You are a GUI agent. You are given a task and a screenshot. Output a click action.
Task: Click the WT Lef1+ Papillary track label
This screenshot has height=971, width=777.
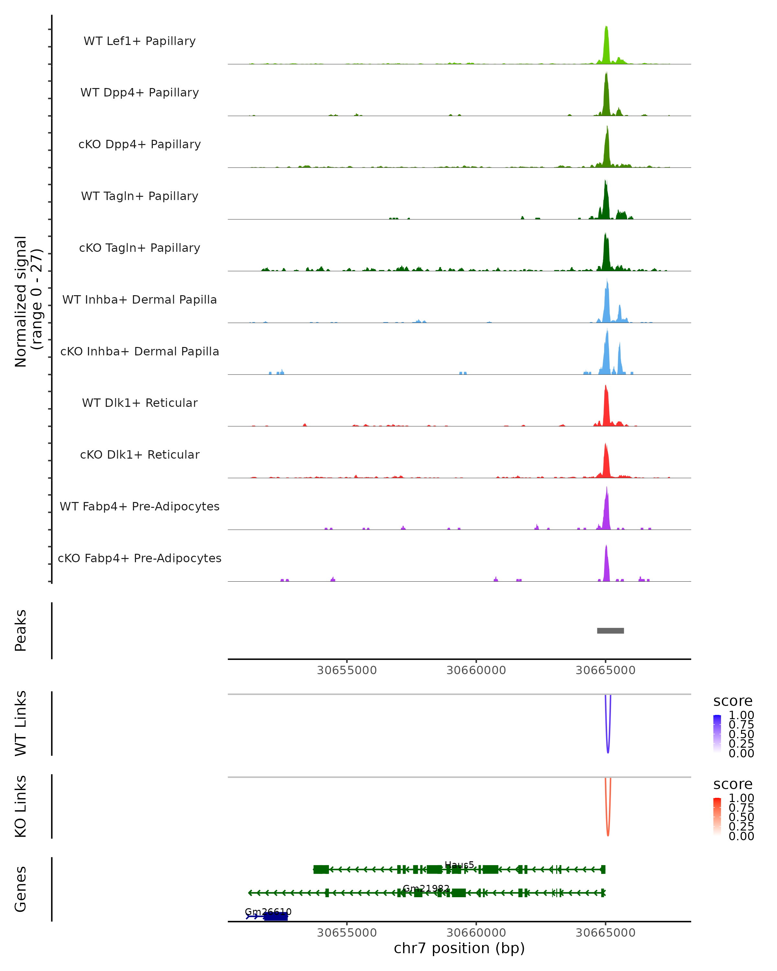tap(140, 41)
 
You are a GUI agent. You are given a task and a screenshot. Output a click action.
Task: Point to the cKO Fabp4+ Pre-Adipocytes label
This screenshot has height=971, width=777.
tap(140, 558)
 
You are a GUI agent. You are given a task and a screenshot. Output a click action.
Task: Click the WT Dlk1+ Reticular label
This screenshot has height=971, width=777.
tap(140, 403)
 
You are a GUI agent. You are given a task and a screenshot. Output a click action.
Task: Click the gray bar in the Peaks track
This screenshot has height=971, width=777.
tap(610, 631)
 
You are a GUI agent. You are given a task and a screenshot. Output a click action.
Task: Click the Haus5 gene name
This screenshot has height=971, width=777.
tap(459, 865)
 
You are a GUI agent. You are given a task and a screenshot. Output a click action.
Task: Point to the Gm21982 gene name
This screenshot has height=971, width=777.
tap(426, 888)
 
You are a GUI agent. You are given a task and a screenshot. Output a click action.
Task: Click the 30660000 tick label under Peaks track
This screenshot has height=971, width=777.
tap(476, 670)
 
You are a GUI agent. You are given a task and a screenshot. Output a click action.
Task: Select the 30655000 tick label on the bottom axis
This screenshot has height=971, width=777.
tap(346, 933)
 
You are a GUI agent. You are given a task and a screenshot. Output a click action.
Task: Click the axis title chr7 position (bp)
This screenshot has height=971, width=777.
tap(459, 948)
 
